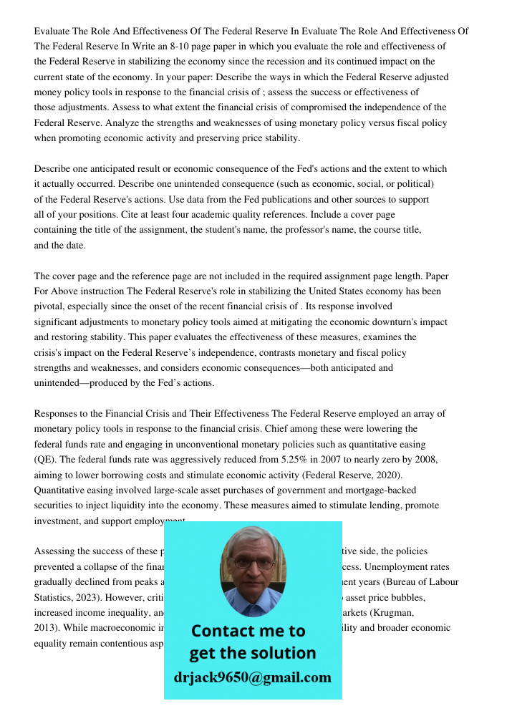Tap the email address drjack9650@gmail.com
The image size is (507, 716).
[253, 677]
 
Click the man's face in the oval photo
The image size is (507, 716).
[252, 566]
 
